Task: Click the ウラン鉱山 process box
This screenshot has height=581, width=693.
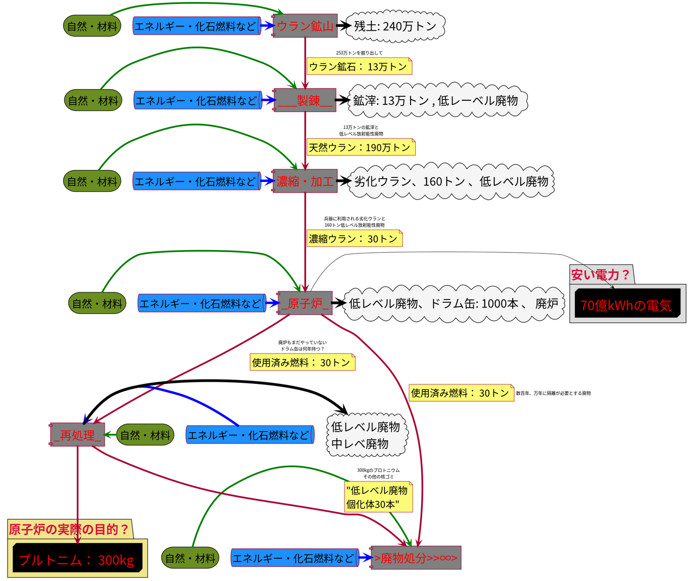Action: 305,26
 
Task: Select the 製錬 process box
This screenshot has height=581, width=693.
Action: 305,100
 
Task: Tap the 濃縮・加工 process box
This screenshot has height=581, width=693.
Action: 305,181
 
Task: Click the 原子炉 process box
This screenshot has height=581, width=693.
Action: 305,303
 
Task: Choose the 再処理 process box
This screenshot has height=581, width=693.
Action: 77,435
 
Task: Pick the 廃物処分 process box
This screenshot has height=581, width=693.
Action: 416,558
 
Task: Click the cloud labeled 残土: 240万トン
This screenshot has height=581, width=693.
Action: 395,26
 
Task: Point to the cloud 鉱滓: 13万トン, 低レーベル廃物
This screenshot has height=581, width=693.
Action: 436,100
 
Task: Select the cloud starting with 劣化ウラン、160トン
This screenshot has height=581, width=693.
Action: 452,181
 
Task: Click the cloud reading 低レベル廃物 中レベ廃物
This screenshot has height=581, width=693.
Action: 366,435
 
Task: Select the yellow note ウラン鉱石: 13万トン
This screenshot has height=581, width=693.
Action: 358,67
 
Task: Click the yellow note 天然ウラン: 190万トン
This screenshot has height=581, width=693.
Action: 361,147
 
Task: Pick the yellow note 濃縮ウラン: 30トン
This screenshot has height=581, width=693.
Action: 354,239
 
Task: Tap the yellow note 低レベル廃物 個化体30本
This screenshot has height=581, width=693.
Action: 378,497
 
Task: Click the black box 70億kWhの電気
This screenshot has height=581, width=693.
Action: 626,305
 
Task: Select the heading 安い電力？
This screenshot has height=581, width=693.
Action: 600,275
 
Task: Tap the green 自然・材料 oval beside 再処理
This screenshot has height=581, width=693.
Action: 145,435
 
